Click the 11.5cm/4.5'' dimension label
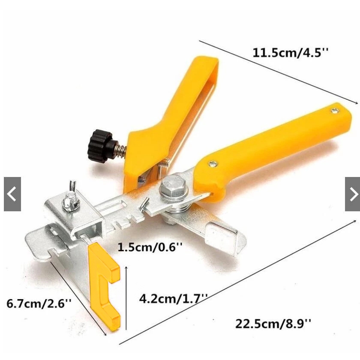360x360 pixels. click(291, 53)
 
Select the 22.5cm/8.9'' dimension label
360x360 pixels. click(273, 324)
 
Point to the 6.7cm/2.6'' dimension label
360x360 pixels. click(39, 303)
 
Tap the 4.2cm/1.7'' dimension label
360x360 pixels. click(173, 298)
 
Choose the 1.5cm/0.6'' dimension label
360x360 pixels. click(150, 247)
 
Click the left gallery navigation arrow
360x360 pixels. click(12, 194)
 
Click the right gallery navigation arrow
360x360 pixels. click(352, 194)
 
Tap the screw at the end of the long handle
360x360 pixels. click(335, 111)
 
